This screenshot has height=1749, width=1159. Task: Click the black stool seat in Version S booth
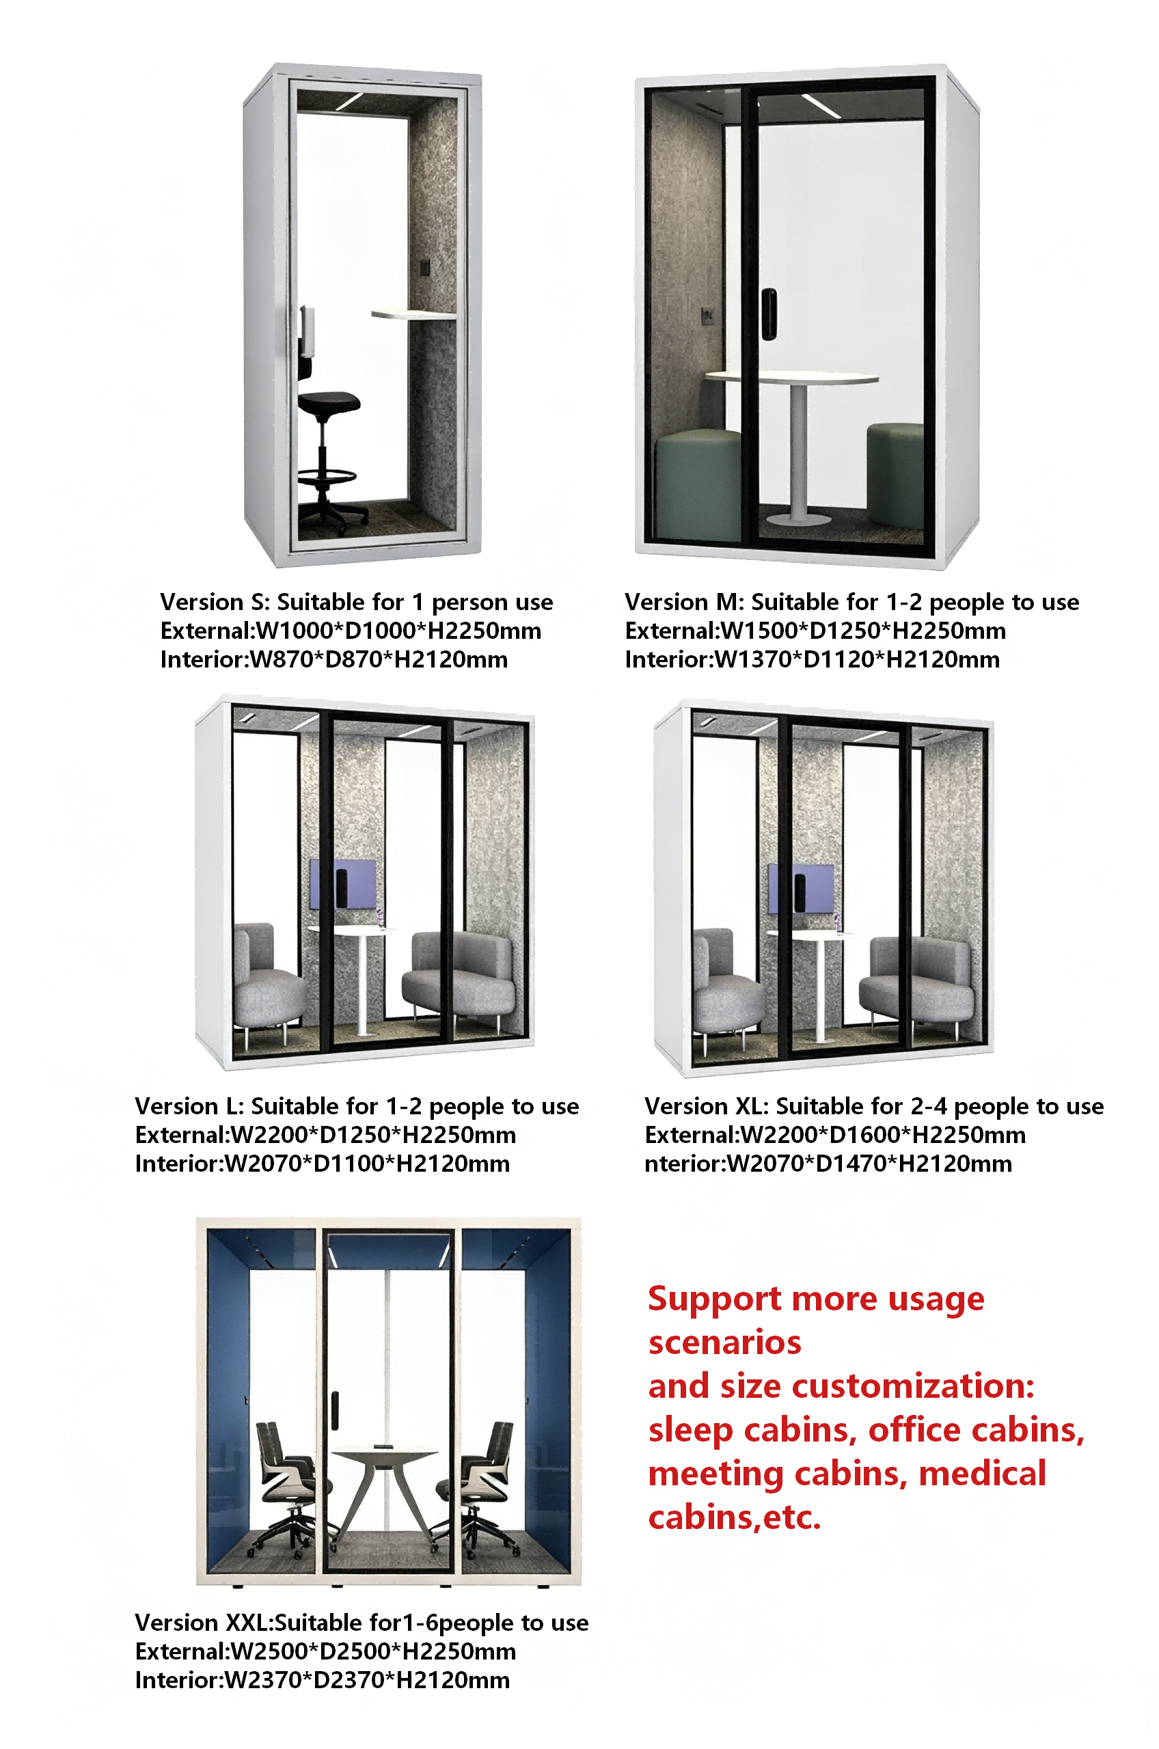click(x=329, y=402)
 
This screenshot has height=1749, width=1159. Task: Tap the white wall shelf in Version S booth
click(x=413, y=315)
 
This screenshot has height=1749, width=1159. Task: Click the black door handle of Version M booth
click(x=769, y=314)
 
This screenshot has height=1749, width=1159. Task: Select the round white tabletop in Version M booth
click(x=791, y=378)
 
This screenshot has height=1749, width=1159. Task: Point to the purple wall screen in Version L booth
click(x=342, y=884)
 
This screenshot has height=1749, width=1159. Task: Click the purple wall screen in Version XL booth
click(x=800, y=889)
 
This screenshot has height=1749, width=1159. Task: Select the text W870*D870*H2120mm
click(x=379, y=660)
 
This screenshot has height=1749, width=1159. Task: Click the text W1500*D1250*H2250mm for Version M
click(x=862, y=631)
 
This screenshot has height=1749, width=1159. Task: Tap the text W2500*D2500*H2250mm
click(x=373, y=1651)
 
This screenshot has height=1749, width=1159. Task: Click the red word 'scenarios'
click(x=724, y=1342)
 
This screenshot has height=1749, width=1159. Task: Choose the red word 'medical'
click(x=982, y=1474)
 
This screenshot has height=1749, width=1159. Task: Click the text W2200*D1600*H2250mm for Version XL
click(x=884, y=1135)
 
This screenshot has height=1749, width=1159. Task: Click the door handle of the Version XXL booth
click(x=335, y=1409)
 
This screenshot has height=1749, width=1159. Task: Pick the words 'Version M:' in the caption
click(x=685, y=602)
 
